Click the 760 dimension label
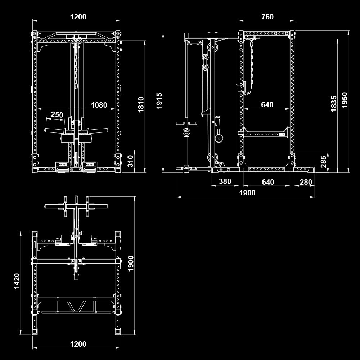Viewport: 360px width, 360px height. tap(267, 17)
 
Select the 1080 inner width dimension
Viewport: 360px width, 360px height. tap(99, 105)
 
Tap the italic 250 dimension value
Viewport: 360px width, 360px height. tap(57, 114)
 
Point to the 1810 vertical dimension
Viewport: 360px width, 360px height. tap(141, 105)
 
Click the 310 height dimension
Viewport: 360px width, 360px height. tap(130, 161)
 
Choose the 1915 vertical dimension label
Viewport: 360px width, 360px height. tap(159, 101)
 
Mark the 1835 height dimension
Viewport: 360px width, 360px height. tap(334, 104)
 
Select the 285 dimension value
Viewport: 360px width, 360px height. tap(323, 162)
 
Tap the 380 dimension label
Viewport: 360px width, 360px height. tap(225, 181)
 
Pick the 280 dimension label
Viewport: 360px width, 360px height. tap(306, 182)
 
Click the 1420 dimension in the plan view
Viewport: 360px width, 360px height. tap(17, 281)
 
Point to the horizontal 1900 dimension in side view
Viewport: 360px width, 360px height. tap(247, 193)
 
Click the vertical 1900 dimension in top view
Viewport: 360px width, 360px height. tap(130, 264)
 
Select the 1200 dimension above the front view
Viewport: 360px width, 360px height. tap(78, 17)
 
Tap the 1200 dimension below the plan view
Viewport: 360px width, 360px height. tap(78, 344)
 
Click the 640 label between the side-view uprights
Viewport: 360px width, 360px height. tap(267, 105)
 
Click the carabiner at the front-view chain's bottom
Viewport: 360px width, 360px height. tap(76, 86)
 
